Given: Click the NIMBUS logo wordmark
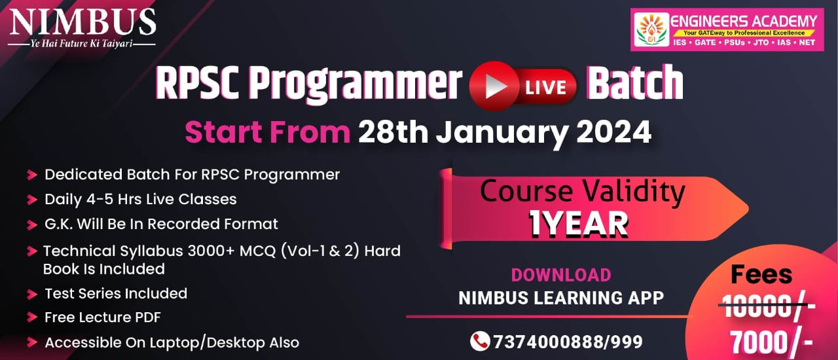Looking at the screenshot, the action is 82,22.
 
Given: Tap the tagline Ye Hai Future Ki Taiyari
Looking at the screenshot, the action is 82,44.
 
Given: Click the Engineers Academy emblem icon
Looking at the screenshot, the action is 651,29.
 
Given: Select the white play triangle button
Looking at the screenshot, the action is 496,86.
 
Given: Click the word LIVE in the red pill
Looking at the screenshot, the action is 546,88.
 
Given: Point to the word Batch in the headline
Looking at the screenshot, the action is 635,82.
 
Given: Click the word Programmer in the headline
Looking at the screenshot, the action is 355,85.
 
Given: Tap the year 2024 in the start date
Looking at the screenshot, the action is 613,132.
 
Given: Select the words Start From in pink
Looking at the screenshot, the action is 268,132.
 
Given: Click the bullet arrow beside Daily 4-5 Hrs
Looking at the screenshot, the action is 32,200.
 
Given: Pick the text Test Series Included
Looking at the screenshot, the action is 116,293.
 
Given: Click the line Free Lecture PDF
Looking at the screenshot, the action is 103,317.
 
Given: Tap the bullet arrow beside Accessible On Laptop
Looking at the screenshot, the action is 32,342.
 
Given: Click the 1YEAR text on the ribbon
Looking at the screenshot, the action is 578,224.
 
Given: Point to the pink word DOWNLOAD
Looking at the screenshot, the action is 561,275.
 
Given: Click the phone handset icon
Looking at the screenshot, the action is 480,341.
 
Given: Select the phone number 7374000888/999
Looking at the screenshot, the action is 568,342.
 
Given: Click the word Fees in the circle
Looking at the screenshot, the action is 761,274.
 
